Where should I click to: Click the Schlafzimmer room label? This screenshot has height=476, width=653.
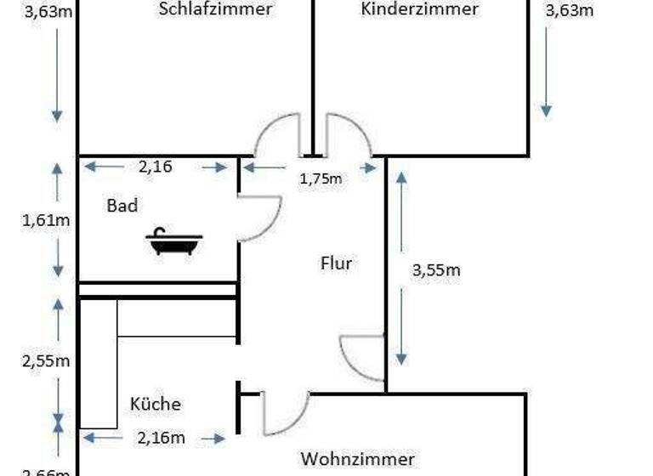pos(215,9)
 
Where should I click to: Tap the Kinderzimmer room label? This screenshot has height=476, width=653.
pos(419,9)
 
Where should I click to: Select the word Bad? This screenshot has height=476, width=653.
pos(122,205)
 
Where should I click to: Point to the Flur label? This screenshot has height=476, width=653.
pos(336,263)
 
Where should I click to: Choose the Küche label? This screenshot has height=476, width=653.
pos(156,404)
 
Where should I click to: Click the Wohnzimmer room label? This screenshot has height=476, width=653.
pos(357,459)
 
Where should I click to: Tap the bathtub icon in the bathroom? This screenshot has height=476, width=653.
pos(174,242)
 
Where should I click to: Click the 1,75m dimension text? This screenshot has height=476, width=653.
pos(321,178)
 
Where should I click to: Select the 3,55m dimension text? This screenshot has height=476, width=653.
pos(436,270)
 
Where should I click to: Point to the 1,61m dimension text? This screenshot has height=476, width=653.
pos(45,220)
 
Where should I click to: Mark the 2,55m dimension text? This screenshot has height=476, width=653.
pos(45,360)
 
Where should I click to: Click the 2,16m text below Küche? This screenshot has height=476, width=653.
pos(161,438)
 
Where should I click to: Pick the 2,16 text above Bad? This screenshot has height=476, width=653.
pos(155,167)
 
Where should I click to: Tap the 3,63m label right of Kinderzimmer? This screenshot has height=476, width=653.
pos(569,10)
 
